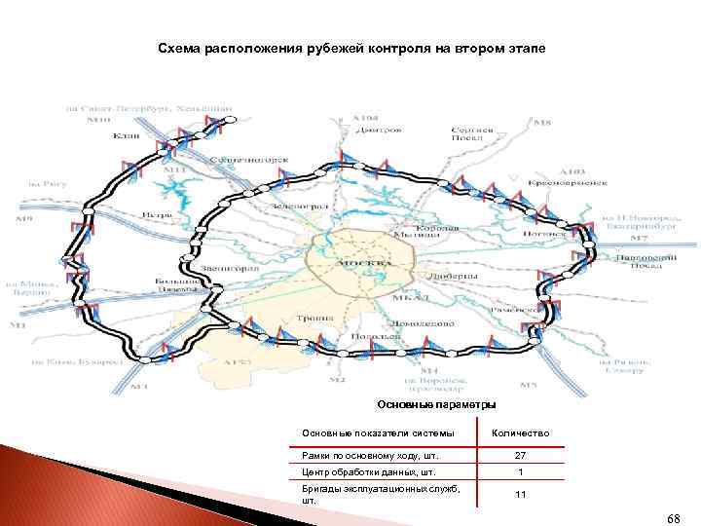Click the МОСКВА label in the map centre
[x=362, y=263]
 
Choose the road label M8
[x=542, y=123]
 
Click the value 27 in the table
[x=520, y=455]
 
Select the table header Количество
[x=521, y=432]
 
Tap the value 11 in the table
[x=520, y=495]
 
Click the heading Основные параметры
[x=435, y=404]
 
